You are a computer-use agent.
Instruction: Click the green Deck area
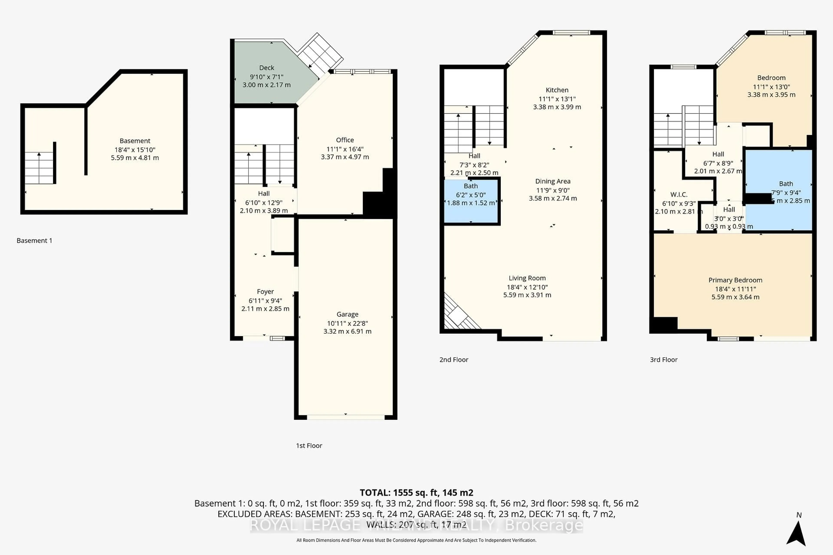coord(266,76)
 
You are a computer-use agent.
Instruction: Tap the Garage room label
coord(347,314)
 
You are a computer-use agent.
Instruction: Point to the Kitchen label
coord(557,90)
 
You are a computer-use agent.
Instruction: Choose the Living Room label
coord(527,278)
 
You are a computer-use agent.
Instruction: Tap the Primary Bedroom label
coord(735,280)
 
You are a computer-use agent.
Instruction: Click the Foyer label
coord(265,292)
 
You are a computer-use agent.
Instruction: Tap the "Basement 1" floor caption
coord(34,241)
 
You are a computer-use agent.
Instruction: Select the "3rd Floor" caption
coord(663,360)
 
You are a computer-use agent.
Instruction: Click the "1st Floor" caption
coord(309,446)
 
